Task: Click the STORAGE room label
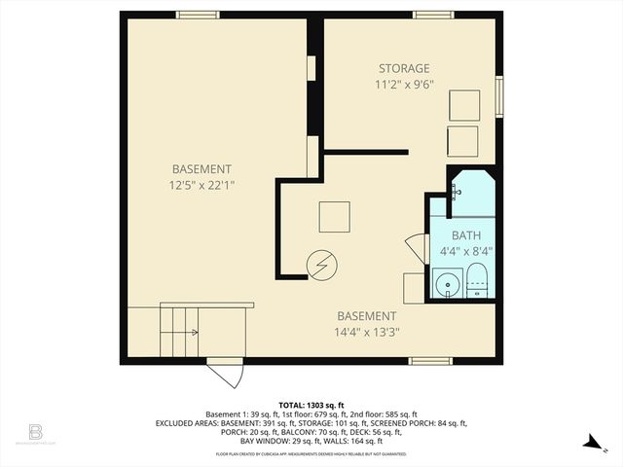404,68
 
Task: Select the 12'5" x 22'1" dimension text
202,183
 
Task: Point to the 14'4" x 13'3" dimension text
367,331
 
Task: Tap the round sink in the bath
448,284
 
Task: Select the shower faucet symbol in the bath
456,192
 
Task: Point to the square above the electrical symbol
334,216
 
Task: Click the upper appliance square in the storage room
463,105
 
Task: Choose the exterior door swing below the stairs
225,374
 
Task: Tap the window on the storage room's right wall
499,96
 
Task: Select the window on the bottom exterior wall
430,361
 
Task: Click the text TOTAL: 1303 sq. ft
311,405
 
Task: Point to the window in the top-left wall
197,15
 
